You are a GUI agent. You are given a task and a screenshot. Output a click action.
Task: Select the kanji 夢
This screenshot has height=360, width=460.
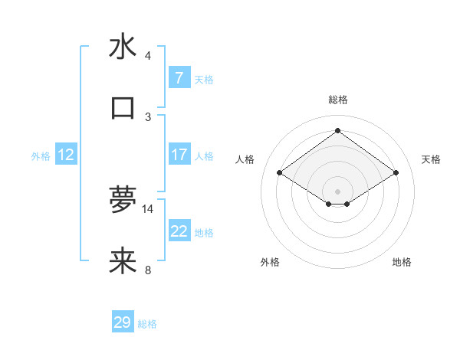pos(123,201)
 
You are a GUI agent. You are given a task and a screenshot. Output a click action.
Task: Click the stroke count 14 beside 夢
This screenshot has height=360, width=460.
pos(148,208)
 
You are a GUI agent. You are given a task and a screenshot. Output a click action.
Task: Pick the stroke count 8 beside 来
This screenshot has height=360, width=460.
pos(148,270)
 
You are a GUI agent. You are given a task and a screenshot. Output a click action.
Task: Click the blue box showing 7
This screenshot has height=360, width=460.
pos(179,77)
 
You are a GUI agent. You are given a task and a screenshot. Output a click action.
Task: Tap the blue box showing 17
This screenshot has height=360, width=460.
pos(179,154)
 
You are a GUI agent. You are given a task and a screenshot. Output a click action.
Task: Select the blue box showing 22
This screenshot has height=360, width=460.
pos(179,231)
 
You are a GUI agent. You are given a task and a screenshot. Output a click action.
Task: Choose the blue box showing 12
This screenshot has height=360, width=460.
pos(65,155)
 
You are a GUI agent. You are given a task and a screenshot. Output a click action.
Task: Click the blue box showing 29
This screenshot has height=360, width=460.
pos(122,322)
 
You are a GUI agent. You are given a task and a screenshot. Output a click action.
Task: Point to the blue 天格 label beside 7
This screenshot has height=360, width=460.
pos(204,79)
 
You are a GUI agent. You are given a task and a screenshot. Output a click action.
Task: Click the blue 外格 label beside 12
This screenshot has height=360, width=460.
pos(41,155)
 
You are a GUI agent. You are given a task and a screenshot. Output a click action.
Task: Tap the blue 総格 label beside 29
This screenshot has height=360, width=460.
pos(147,324)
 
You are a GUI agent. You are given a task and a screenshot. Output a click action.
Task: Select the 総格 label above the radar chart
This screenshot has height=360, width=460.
pos(337,100)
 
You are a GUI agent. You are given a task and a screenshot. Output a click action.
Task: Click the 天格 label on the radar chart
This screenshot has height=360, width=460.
pos(431,159)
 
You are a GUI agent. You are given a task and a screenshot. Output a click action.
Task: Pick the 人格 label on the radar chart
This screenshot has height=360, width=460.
pos(245,159)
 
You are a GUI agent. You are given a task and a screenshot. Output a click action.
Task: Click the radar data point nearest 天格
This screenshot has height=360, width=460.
pos(396,173)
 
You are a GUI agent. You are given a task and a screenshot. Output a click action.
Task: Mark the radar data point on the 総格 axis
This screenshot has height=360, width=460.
pos(337,131)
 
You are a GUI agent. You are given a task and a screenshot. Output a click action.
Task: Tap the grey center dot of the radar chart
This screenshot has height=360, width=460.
pos(337,191)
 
